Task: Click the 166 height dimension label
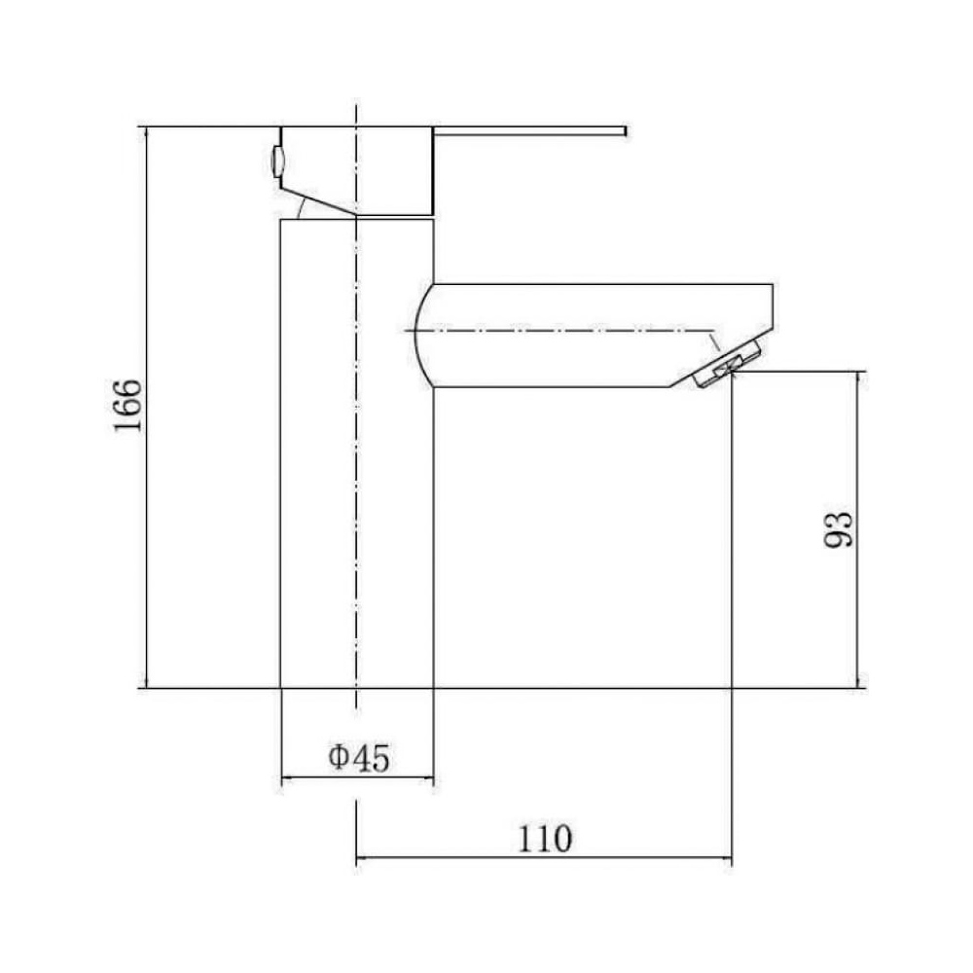128,405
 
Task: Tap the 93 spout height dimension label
837,529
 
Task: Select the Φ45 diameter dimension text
359,757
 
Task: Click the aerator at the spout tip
727,364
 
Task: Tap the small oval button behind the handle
276,162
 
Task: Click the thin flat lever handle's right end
626,131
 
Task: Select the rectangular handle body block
357,171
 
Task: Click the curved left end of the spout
420,335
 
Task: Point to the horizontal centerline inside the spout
559,330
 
